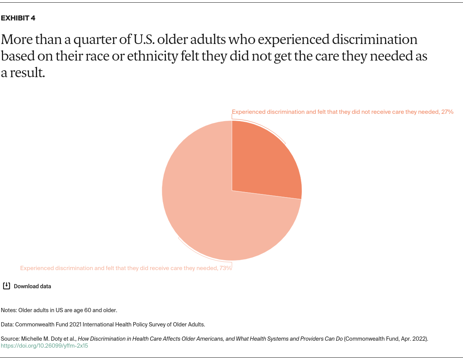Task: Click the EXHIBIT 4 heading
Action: (x=18, y=18)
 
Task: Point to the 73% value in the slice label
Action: (x=225, y=268)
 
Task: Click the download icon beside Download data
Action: (x=7, y=286)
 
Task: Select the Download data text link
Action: (x=32, y=286)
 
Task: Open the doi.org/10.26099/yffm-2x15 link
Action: (x=44, y=346)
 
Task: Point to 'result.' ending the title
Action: (x=27, y=73)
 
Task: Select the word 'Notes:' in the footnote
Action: (x=9, y=310)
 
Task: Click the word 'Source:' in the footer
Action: (x=10, y=339)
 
